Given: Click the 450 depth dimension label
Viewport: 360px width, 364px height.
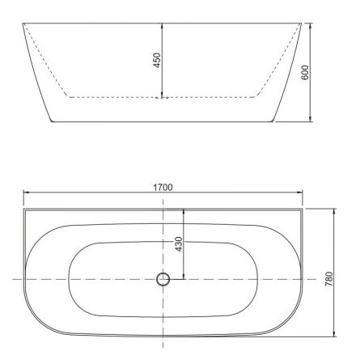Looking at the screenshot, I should [158, 61].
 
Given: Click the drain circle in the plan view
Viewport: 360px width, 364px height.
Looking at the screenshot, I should [163, 280].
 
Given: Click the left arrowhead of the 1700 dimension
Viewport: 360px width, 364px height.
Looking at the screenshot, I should [26, 193].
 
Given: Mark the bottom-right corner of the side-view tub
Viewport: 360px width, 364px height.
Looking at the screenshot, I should [275, 121].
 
